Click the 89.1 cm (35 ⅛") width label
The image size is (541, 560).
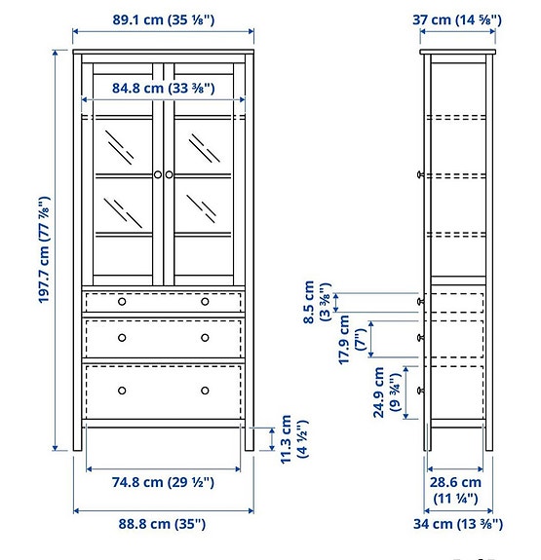163,19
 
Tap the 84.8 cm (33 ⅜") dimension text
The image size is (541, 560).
163,89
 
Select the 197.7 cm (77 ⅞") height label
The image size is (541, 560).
45,251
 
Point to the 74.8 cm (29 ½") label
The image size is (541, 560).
163,482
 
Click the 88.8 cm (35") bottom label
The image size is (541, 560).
163,524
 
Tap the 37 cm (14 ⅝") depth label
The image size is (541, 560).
458,19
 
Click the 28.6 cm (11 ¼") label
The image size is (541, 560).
457,490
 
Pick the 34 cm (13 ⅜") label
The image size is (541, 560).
457,525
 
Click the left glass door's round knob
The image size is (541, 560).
157,174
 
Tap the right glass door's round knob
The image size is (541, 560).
170,174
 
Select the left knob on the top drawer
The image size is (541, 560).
122,302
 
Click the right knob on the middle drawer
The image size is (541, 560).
205,338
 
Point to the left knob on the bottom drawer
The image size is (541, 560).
122,391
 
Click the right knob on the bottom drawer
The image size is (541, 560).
205,391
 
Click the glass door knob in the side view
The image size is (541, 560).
420,175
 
